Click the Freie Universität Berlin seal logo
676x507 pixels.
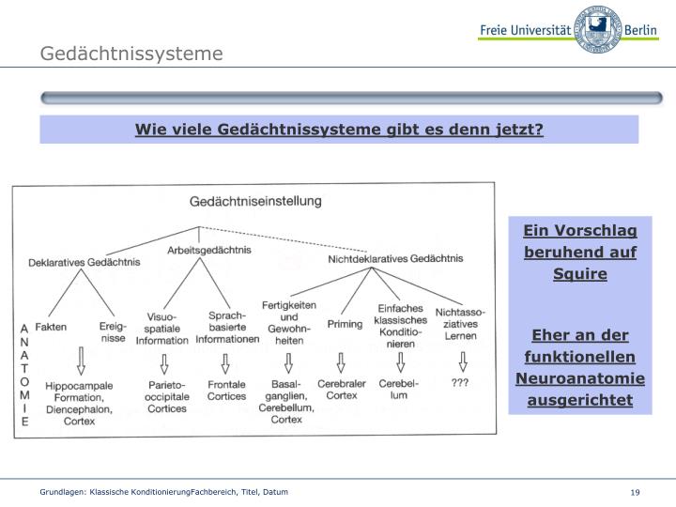tap(597, 29)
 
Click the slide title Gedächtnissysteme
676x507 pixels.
tap(131, 54)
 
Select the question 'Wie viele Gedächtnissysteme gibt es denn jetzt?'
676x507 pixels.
tap(339, 129)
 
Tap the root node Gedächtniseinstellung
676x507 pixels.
tap(255, 201)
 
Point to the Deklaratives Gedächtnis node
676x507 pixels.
tap(84, 262)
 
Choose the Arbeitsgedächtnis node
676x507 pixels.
tap(209, 250)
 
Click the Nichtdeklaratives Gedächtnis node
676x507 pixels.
tap(395, 258)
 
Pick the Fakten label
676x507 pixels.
tap(50, 327)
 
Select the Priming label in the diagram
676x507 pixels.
tap(345, 324)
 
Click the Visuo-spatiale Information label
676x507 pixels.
tap(161, 329)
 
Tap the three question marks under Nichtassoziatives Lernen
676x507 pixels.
tap(460, 383)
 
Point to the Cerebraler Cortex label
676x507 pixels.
tap(342, 390)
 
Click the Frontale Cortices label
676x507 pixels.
tap(226, 390)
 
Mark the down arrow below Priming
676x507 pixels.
tap(341, 361)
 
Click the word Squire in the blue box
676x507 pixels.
tap(579, 274)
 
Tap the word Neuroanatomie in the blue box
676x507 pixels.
tap(579, 378)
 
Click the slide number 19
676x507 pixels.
tap(636, 493)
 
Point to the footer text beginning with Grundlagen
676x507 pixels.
tap(162, 492)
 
